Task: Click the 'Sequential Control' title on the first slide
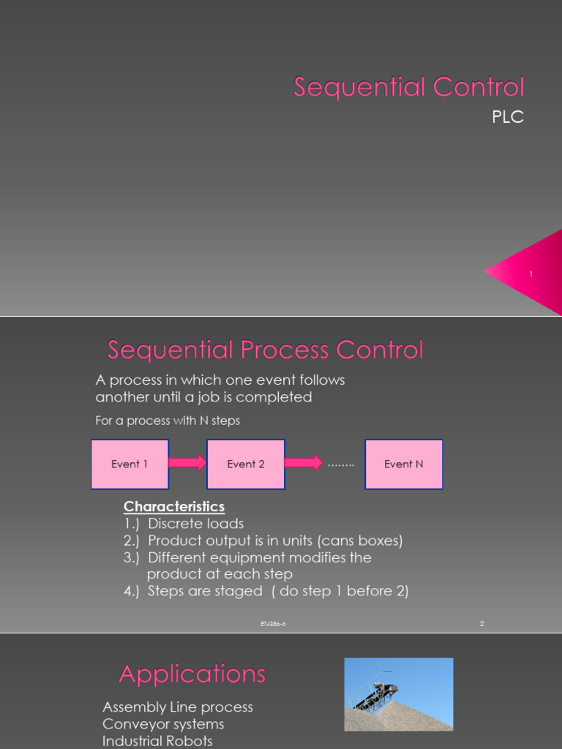[409, 87]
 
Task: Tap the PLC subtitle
[508, 117]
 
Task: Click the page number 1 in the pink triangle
[531, 274]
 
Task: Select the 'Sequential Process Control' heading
[265, 350]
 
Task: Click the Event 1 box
[130, 464]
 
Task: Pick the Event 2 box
[246, 464]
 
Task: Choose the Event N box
[403, 464]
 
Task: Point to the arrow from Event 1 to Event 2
[187, 463]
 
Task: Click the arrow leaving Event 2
[303, 463]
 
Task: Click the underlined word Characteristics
[174, 506]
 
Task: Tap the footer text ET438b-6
[273, 624]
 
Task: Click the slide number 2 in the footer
[482, 624]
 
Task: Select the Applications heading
[192, 674]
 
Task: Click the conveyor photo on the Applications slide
[399, 694]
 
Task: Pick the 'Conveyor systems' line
[163, 724]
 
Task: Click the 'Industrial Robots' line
[157, 741]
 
